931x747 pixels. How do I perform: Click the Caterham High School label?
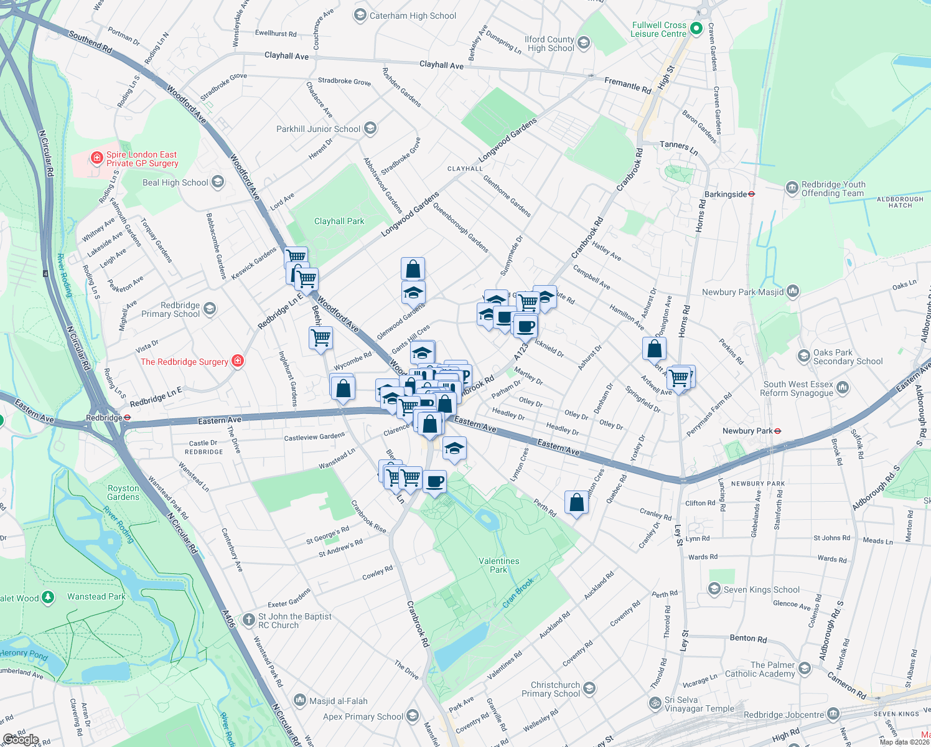click(413, 16)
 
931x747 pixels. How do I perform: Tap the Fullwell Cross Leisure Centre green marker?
click(696, 29)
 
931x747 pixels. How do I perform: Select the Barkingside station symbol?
click(752, 194)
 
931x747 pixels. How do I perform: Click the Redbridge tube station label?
click(105, 418)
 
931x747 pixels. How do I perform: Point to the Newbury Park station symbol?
click(777, 431)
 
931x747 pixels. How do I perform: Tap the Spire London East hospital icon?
click(96, 158)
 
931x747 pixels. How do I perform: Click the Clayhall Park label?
click(339, 221)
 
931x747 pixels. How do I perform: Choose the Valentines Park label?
click(498, 565)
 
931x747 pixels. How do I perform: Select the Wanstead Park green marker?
click(47, 598)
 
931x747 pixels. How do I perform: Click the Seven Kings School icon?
click(714, 589)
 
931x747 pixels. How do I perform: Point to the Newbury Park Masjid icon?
click(792, 291)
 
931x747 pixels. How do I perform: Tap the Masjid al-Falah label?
click(339, 701)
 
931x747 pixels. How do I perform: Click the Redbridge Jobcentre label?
click(784, 715)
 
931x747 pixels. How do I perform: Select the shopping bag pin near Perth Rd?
click(577, 502)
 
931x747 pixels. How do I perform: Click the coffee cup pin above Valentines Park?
click(434, 481)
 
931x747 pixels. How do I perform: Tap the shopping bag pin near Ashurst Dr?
click(654, 349)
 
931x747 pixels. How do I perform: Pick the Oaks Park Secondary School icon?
click(804, 356)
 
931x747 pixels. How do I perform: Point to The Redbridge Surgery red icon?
click(237, 361)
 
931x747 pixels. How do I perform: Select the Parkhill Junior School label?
click(318, 129)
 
